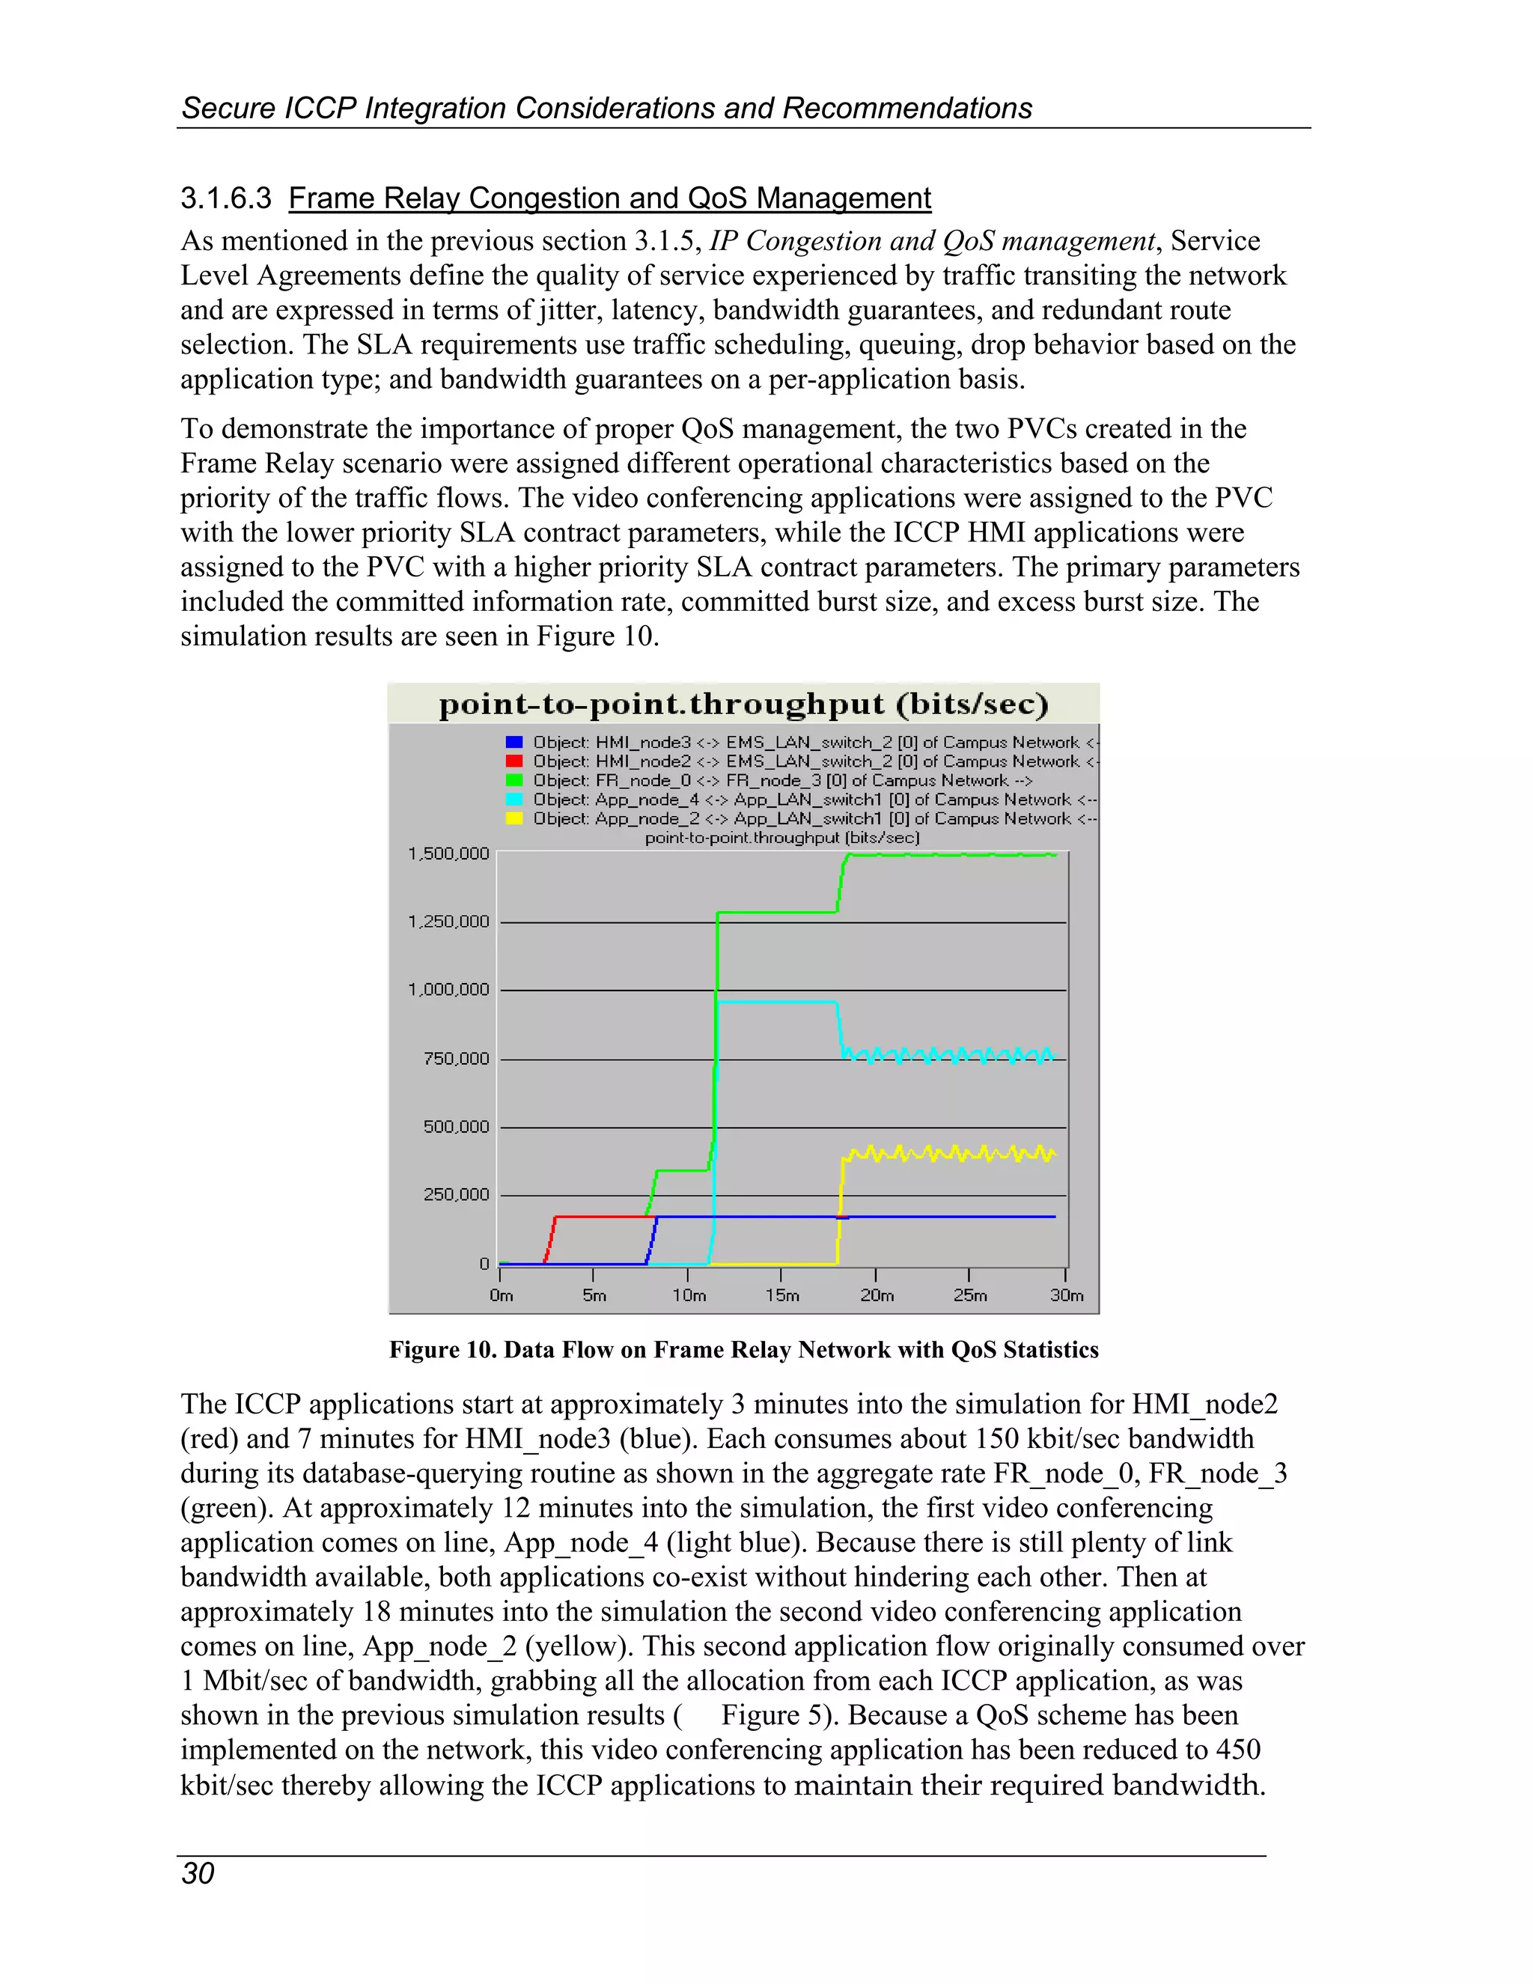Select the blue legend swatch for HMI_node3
(x=514, y=742)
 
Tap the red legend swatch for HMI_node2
(x=514, y=761)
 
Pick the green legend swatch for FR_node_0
(x=514, y=780)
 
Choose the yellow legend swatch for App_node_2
(x=514, y=818)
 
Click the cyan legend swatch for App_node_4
(x=514, y=800)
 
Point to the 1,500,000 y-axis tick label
(x=448, y=854)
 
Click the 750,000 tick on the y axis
(x=456, y=1059)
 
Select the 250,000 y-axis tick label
(x=456, y=1195)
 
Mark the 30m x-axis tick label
(x=1066, y=1295)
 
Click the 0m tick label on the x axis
(x=502, y=1295)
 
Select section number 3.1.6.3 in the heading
(x=226, y=198)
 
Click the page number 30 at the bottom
(x=198, y=1873)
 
